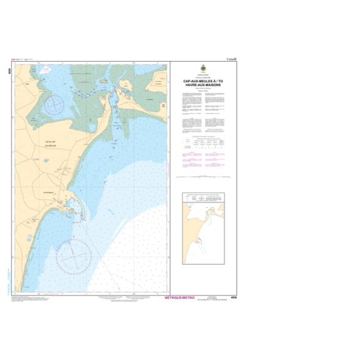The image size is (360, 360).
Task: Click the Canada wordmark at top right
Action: pyautogui.click(x=231, y=59)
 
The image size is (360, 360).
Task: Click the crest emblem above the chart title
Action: pyautogui.click(x=203, y=68)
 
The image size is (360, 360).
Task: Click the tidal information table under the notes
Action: pyautogui.click(x=203, y=143)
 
